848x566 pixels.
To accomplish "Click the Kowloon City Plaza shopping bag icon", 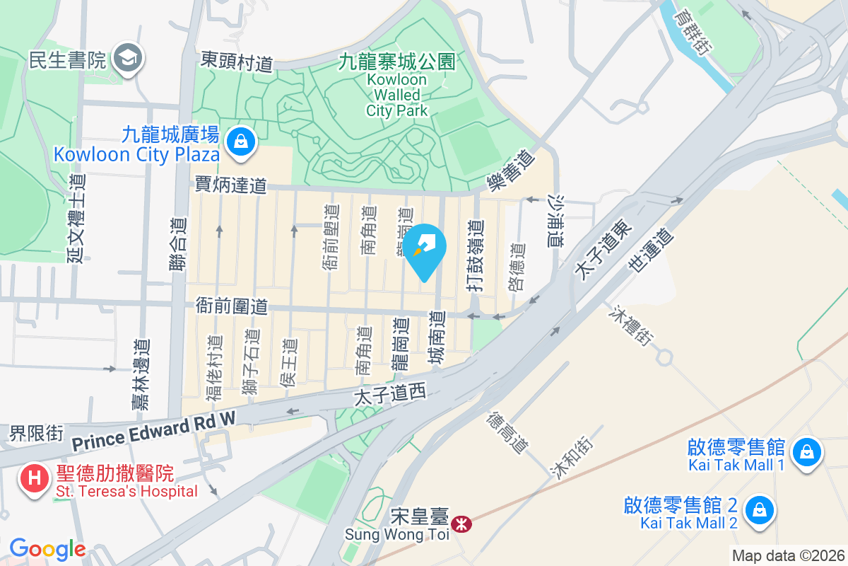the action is click(242, 140).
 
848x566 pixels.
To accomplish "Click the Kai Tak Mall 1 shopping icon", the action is click(807, 451).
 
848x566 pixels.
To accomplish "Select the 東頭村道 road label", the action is click(237, 61).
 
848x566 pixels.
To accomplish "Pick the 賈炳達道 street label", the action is click(231, 186).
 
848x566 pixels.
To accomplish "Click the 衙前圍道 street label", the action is click(232, 306).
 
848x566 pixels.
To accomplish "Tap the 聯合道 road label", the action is click(179, 243).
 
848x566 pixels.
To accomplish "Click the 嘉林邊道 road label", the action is click(141, 374).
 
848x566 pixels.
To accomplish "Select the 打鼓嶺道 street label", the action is click(476, 255).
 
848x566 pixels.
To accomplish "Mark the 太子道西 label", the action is click(391, 395).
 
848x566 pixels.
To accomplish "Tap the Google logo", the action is click(47, 548).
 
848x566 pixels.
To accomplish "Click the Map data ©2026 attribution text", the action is click(788, 555).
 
